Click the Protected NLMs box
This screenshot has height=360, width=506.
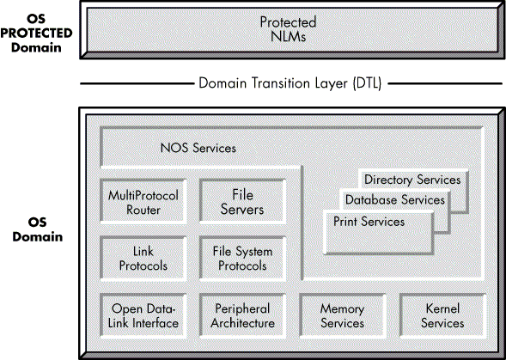pyautogui.click(x=292, y=30)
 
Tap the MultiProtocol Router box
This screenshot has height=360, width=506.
pyautogui.click(x=143, y=202)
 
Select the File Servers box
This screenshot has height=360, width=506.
pyautogui.click(x=242, y=202)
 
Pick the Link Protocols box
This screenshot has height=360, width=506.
pyautogui.click(x=143, y=259)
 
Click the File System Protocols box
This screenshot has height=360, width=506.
pyautogui.click(x=242, y=259)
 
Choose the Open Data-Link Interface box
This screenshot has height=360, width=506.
pyautogui.click(x=143, y=316)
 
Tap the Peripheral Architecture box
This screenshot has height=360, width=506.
pyautogui.click(x=242, y=316)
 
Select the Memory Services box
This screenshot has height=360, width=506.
pyautogui.click(x=343, y=316)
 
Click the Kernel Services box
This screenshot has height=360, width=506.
pyautogui.click(x=442, y=316)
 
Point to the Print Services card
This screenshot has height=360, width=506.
pyautogui.click(x=379, y=233)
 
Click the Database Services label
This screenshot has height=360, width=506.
pyautogui.click(x=395, y=200)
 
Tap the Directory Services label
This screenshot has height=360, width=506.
pyautogui.click(x=412, y=180)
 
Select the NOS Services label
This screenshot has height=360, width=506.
pyautogui.click(x=198, y=148)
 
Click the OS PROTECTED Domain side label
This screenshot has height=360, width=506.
pyautogui.click(x=36, y=33)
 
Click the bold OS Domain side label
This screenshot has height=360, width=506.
pyautogui.click(x=38, y=229)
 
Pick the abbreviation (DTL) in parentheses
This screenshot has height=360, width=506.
pyautogui.click(x=367, y=83)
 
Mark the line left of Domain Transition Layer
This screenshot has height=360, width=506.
pyautogui.click(x=137, y=84)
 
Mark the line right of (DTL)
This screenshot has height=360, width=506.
pyautogui.click(x=445, y=84)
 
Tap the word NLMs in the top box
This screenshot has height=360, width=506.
pyautogui.click(x=288, y=36)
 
